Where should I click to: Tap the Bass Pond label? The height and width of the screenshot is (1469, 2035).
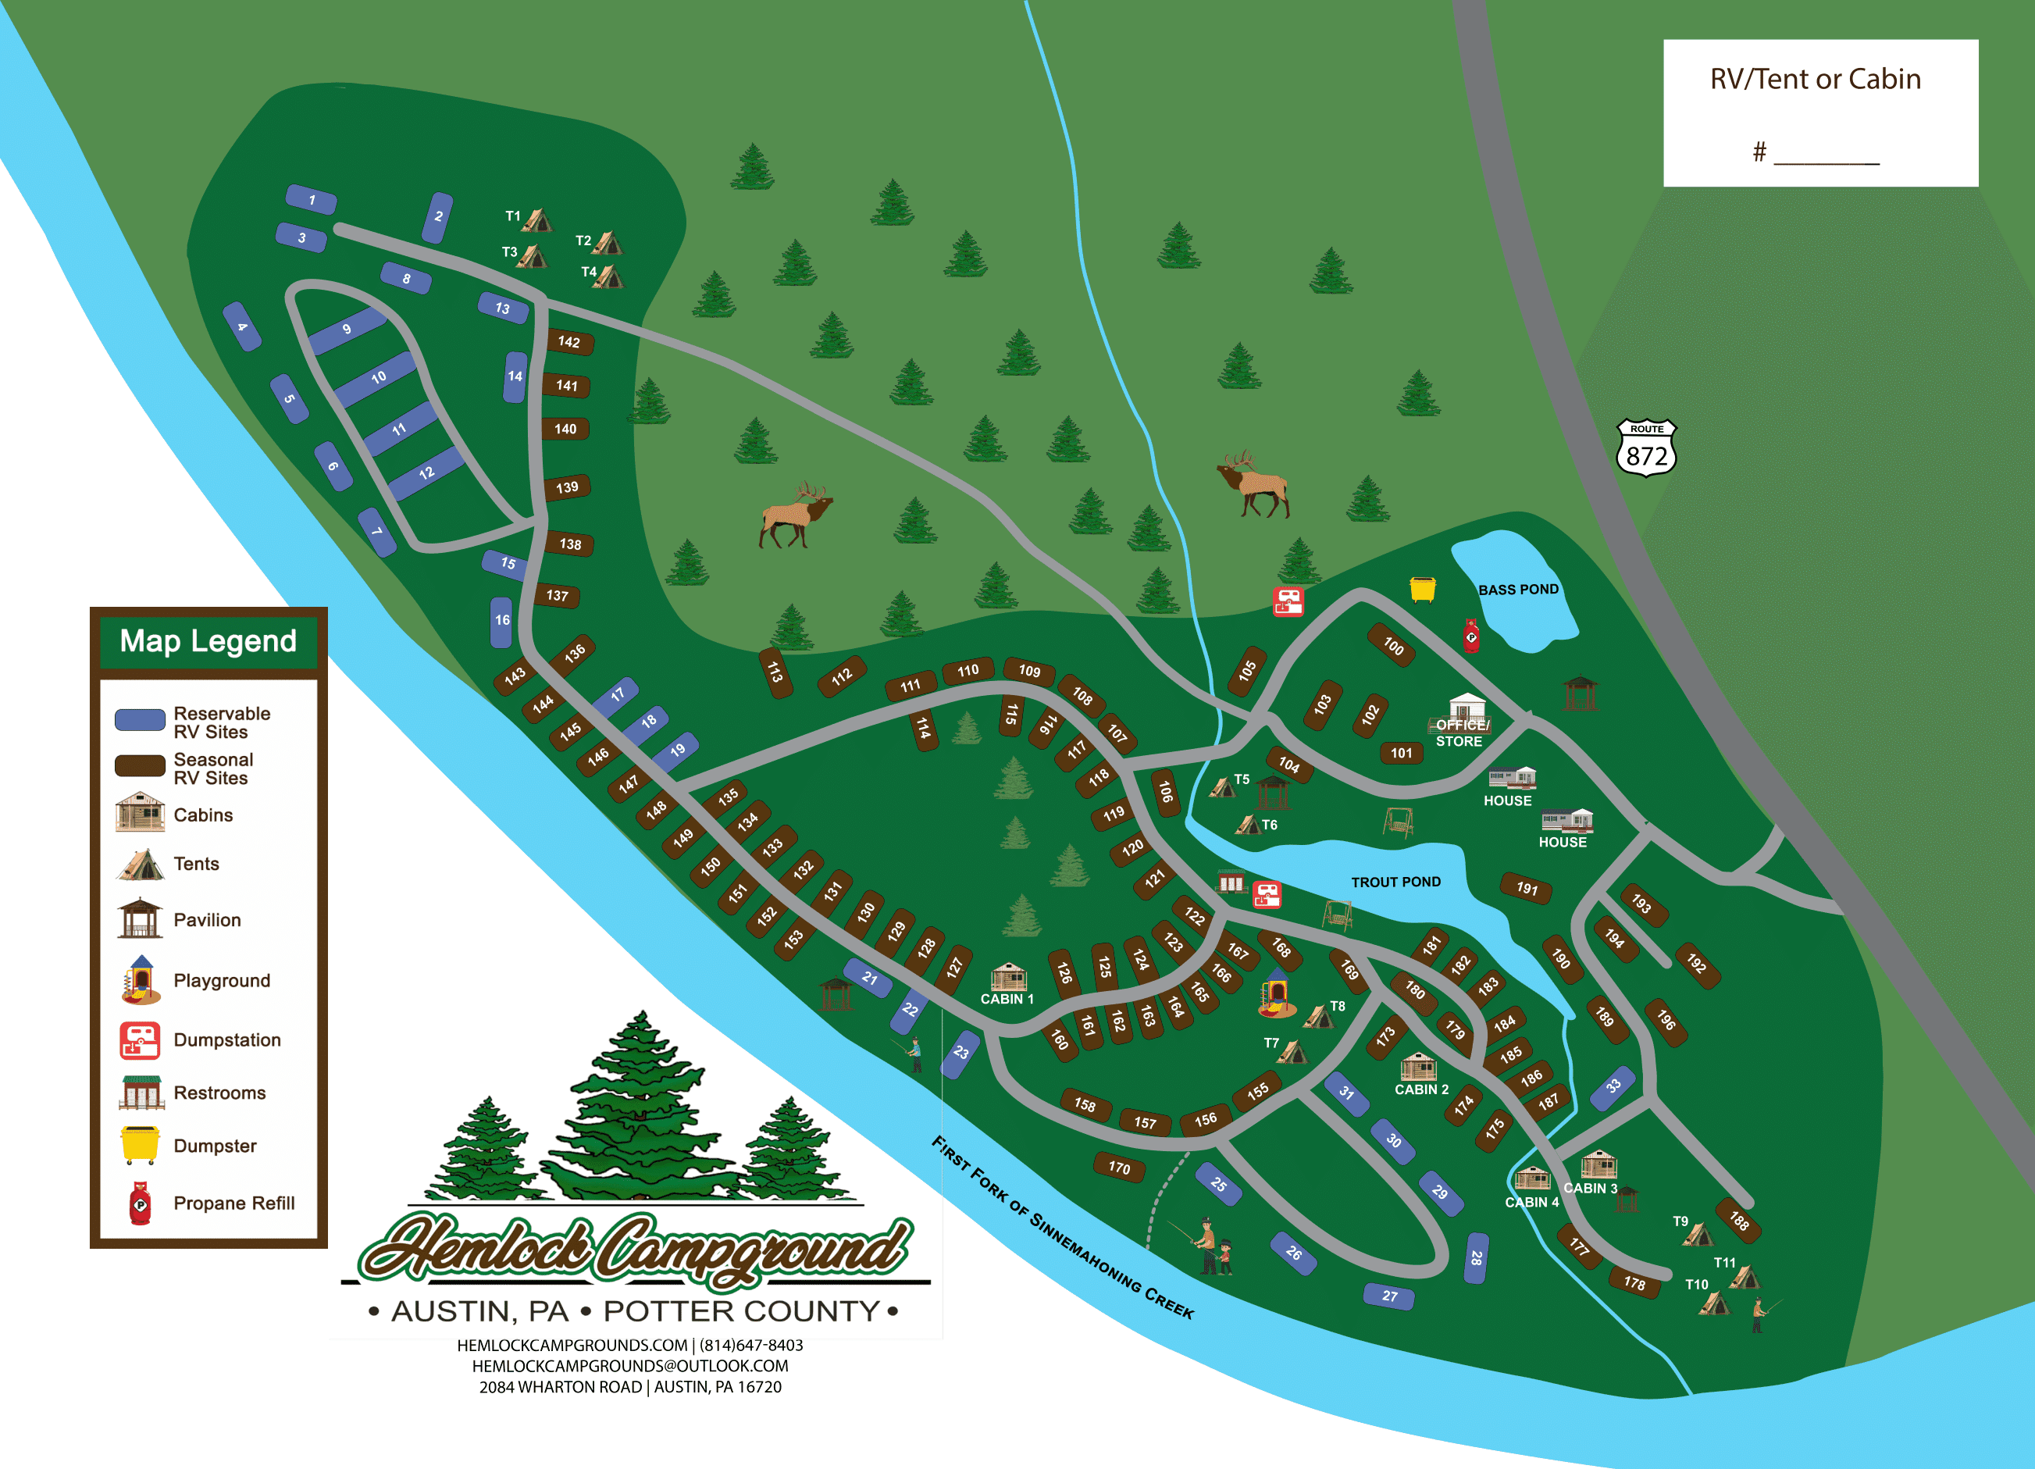1518,590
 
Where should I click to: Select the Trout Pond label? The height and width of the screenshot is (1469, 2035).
1395,882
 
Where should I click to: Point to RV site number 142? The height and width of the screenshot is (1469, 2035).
568,342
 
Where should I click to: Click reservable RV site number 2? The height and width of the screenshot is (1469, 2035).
438,216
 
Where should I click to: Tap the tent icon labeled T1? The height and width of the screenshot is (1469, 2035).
537,220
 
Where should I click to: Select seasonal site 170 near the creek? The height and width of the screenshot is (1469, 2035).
1119,1168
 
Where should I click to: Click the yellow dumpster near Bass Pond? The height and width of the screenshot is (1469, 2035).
1422,589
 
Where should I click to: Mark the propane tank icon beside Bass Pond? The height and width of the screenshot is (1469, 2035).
1471,636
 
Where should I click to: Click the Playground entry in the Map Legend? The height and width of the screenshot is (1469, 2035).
221,981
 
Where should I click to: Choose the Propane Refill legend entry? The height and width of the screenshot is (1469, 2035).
233,1203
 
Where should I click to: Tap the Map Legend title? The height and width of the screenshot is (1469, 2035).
208,640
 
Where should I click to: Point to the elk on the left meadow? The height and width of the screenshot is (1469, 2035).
796,515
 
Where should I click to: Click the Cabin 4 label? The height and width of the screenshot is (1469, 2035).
1531,1203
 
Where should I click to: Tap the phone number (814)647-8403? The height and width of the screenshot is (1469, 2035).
751,1345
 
